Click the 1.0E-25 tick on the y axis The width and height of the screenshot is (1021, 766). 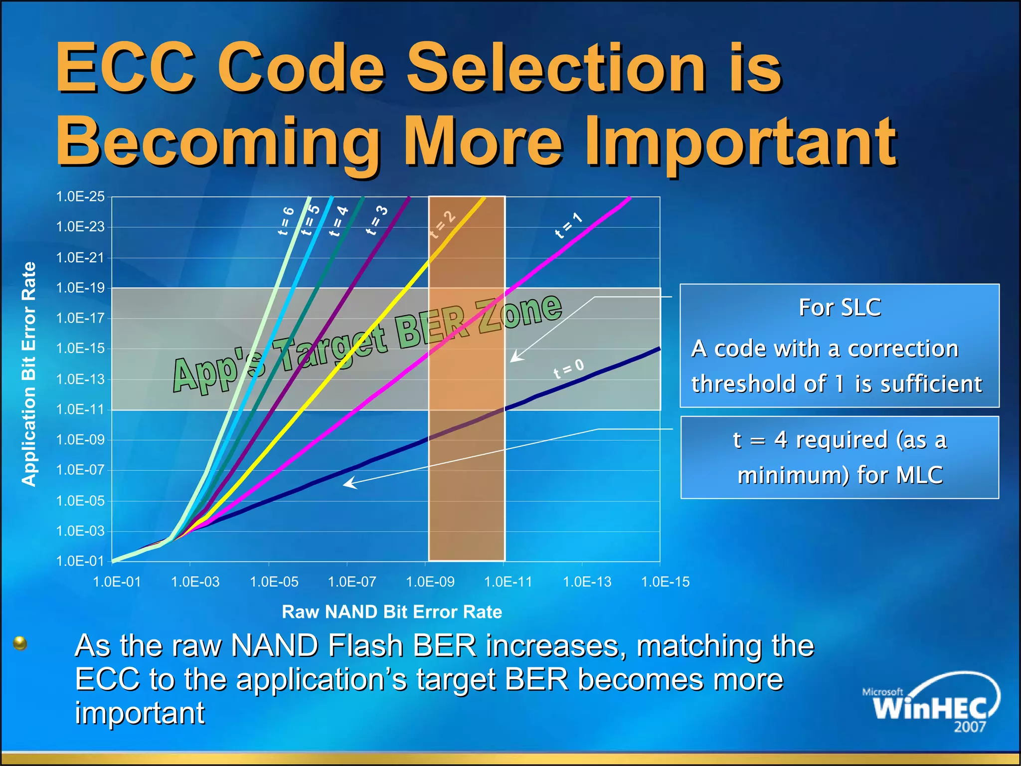click(x=80, y=196)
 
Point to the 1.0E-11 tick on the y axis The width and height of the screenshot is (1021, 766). click(x=80, y=409)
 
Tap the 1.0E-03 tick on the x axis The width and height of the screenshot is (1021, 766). click(x=195, y=581)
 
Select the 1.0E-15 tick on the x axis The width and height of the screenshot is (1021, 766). click(x=665, y=581)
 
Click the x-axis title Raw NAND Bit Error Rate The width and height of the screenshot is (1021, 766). click(x=392, y=612)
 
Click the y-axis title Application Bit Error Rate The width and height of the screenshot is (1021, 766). click(x=29, y=374)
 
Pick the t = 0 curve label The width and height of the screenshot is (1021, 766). click(x=568, y=369)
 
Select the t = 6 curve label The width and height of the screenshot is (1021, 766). click(x=286, y=220)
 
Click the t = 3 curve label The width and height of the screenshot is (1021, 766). click(x=377, y=220)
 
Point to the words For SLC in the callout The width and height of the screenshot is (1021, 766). click(x=840, y=307)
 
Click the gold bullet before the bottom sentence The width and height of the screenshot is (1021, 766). click(x=20, y=643)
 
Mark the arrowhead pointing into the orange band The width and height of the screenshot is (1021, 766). click(x=515, y=358)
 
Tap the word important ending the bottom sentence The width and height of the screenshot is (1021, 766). click(x=140, y=713)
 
